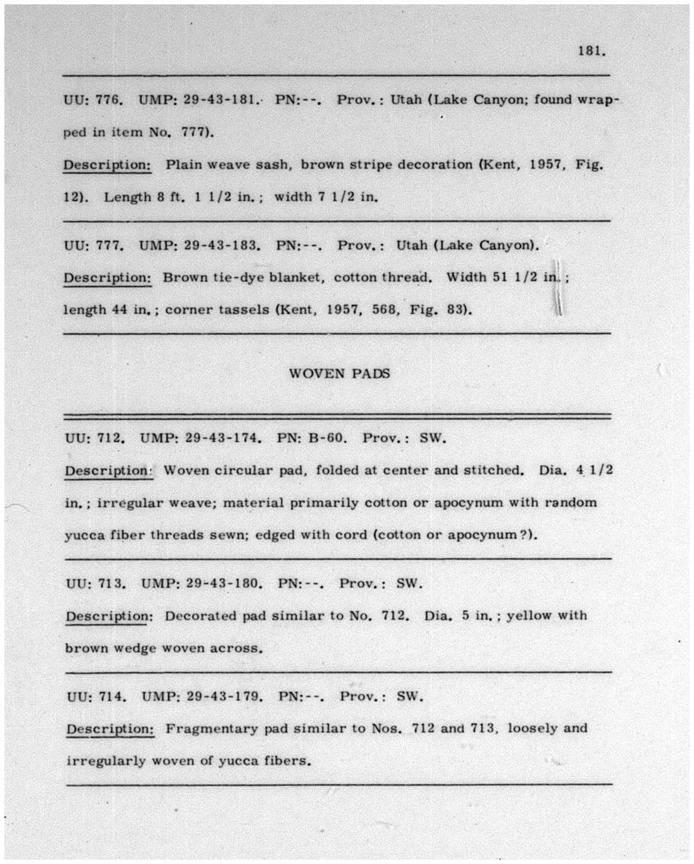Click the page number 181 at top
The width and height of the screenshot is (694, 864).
(x=591, y=52)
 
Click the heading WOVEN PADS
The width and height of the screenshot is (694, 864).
(x=339, y=374)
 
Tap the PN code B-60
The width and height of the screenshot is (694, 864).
(x=327, y=438)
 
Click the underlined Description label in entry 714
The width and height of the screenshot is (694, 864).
(x=110, y=729)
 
